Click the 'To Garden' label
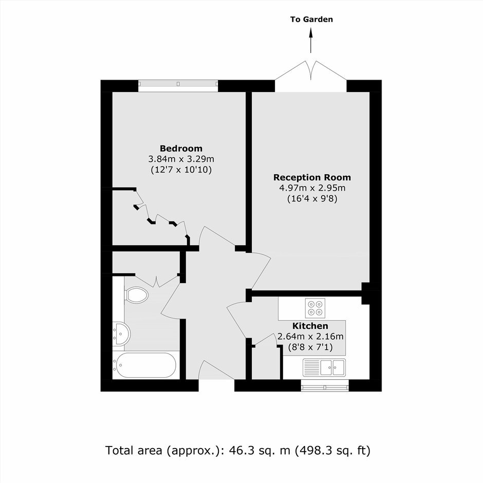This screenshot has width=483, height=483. [311, 20]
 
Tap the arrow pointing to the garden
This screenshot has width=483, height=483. [311, 40]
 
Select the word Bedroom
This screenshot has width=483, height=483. [181, 148]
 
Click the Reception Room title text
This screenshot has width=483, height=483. [312, 177]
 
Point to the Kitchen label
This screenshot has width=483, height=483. [310, 326]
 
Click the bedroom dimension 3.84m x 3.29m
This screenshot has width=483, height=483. [181, 159]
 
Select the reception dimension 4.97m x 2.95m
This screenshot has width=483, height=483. [312, 188]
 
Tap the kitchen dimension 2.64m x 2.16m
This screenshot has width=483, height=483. [310, 337]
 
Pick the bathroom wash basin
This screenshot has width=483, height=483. [122, 334]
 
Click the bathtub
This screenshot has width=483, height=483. [144, 365]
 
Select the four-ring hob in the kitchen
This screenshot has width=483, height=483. [315, 308]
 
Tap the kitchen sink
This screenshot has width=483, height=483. [324, 367]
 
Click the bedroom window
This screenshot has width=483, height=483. [178, 86]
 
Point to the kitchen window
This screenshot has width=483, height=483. [325, 385]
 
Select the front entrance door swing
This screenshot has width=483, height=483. [216, 370]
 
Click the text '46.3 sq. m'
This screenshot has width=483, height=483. [259, 450]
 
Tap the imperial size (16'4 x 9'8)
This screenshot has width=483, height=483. [312, 199]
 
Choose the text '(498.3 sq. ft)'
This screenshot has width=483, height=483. [332, 451]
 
